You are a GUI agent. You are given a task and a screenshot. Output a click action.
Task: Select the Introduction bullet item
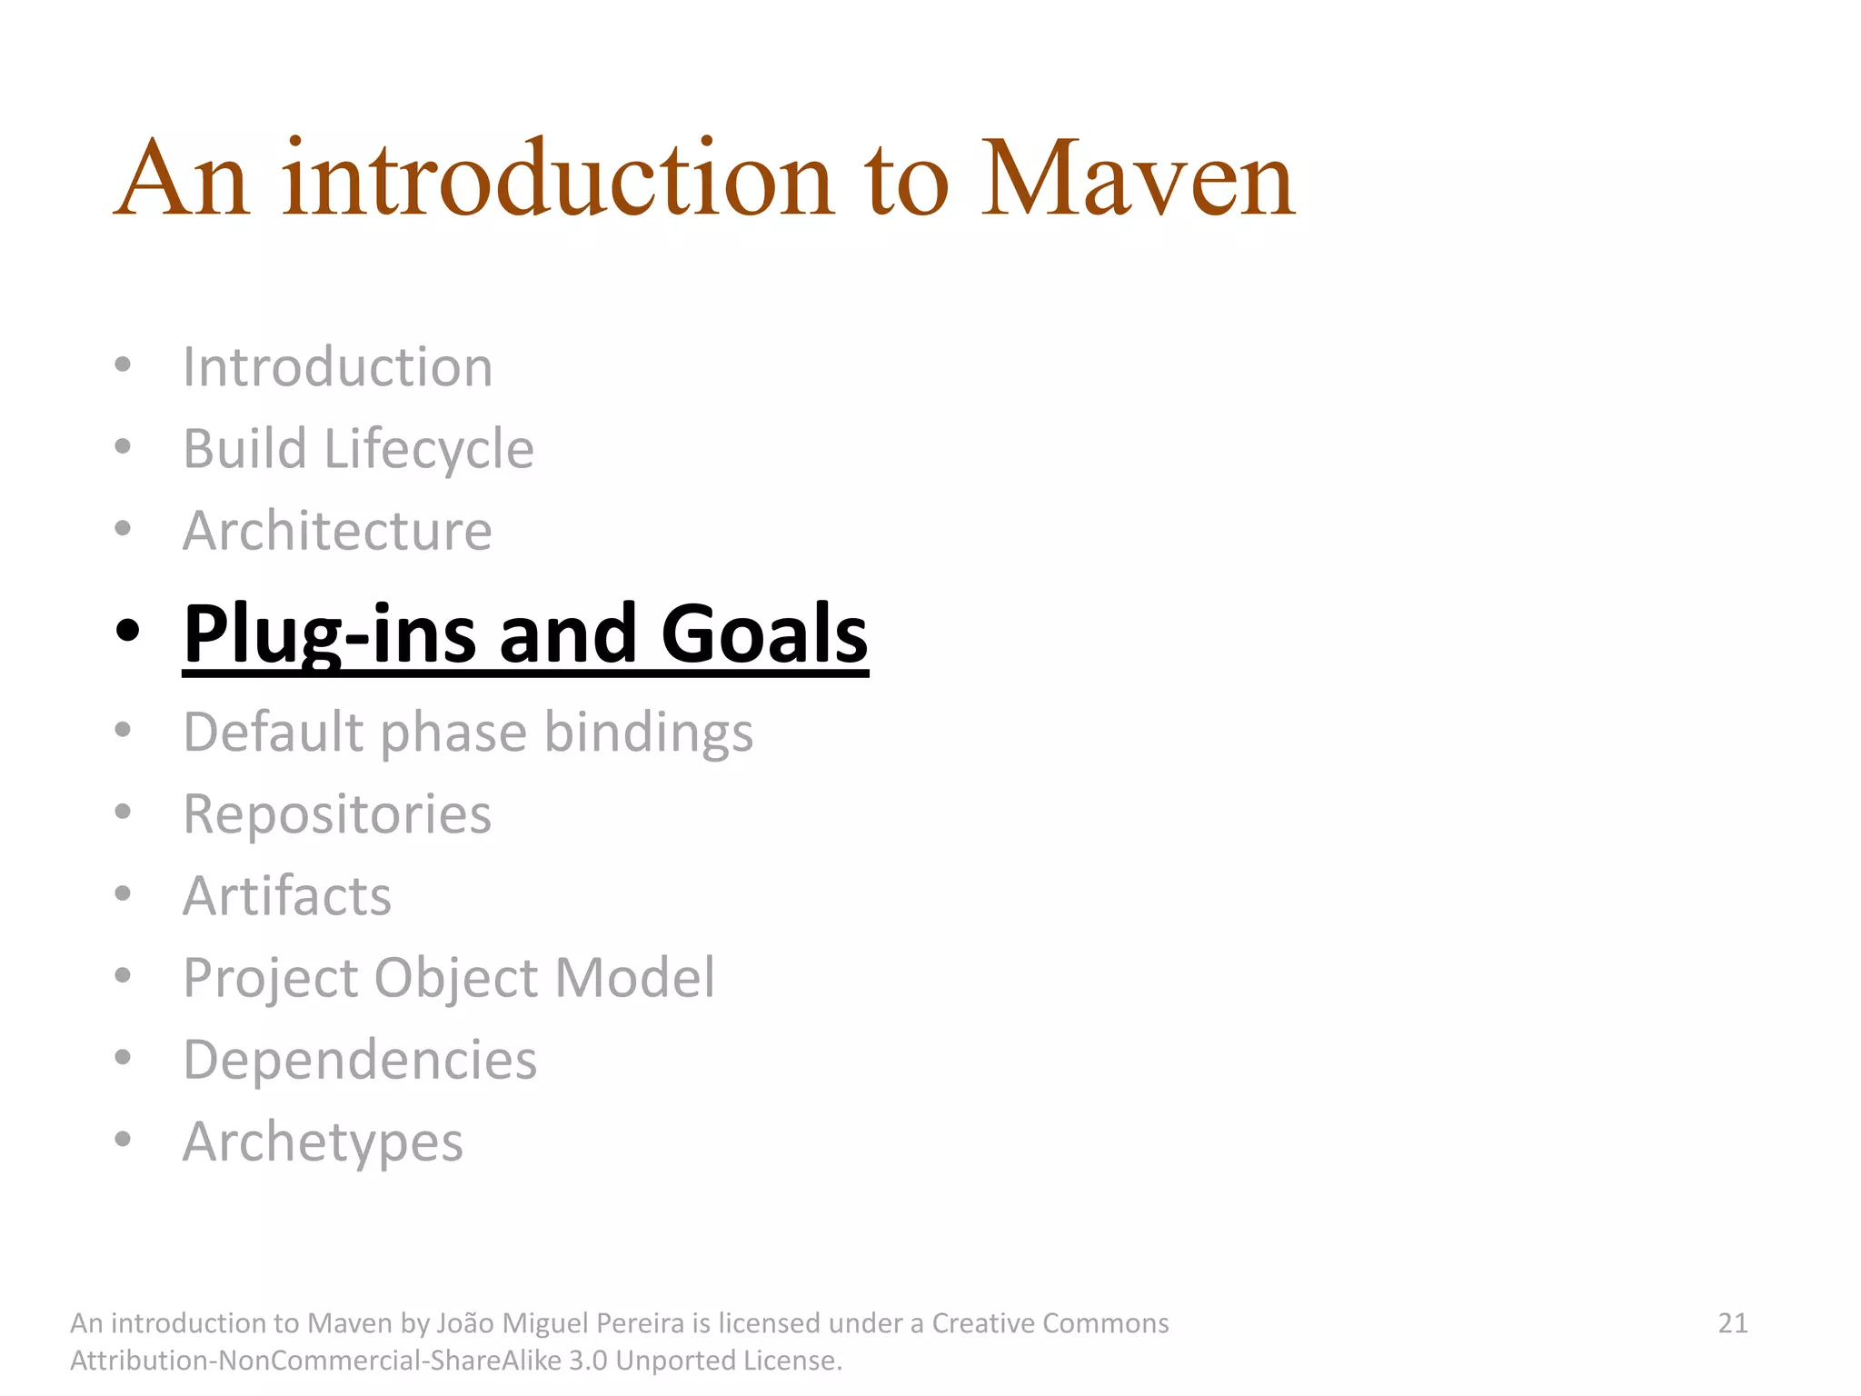click(x=337, y=367)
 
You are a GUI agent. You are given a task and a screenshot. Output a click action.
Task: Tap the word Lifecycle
click(x=429, y=450)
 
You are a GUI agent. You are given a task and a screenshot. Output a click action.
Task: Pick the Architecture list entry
click(x=337, y=531)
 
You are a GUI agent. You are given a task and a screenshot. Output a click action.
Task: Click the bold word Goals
click(x=764, y=633)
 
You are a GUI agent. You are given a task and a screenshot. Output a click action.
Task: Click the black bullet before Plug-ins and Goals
click(x=127, y=630)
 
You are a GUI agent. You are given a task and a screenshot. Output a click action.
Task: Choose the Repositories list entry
click(x=337, y=814)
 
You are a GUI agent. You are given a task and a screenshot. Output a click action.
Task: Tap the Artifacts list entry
click(x=287, y=896)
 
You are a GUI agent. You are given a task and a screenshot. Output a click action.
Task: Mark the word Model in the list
click(x=634, y=978)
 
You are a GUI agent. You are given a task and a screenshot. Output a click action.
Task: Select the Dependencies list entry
click(x=360, y=1061)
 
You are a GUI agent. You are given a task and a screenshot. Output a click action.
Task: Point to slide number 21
click(x=1733, y=1323)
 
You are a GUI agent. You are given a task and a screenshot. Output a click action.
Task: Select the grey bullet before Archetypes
click(x=124, y=1139)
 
